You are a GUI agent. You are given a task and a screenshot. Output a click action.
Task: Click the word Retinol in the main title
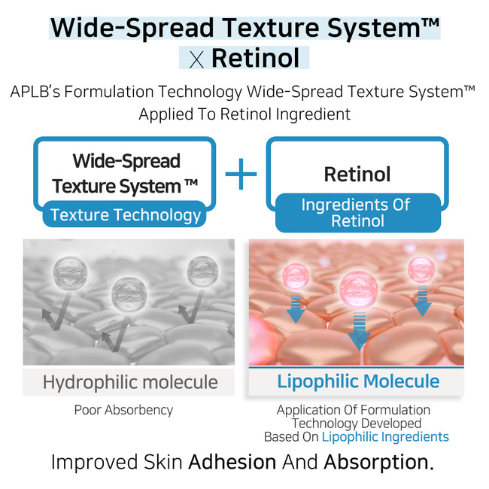click(x=255, y=57)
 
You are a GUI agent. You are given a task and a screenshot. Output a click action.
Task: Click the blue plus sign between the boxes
click(x=241, y=174)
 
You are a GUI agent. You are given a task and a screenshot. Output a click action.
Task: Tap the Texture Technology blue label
click(x=126, y=215)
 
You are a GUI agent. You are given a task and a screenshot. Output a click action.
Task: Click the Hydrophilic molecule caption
click(x=129, y=381)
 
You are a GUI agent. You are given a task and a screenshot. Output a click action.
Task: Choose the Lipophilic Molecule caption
click(x=358, y=381)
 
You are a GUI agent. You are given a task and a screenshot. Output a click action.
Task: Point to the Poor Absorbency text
click(x=123, y=410)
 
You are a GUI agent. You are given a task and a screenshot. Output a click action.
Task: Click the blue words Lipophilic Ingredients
click(x=385, y=436)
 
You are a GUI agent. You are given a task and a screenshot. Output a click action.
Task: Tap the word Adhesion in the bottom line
click(x=232, y=462)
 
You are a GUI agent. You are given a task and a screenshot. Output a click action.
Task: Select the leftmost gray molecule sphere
click(x=66, y=272)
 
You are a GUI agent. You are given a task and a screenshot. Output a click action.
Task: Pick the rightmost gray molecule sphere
click(x=203, y=271)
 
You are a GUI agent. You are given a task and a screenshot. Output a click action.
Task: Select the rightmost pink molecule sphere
click(x=421, y=269)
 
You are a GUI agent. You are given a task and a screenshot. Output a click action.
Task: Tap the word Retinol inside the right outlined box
click(x=357, y=175)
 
